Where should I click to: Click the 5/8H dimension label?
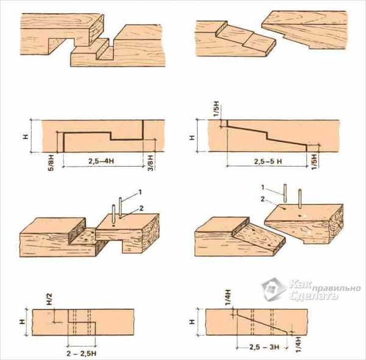[51, 162]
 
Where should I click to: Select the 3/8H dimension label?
[151, 162]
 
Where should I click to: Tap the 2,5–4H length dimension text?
[101, 161]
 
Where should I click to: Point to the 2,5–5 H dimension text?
[268, 161]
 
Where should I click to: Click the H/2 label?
[50, 300]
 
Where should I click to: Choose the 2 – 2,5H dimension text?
[81, 353]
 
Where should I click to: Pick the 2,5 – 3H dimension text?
[264, 347]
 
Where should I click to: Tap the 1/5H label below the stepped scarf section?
[314, 162]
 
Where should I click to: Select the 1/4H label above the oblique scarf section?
[228, 297]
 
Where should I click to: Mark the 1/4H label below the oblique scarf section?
[298, 344]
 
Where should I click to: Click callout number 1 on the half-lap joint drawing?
[140, 192]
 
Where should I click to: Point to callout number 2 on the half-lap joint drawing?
[142, 208]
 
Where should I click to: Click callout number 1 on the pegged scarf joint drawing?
[263, 187]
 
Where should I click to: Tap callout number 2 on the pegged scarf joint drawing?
[263, 199]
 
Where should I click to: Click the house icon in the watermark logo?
[273, 289]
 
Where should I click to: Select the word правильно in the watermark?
[335, 289]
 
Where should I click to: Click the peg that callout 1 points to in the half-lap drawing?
[120, 208]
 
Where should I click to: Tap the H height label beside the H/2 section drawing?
[22, 322]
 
